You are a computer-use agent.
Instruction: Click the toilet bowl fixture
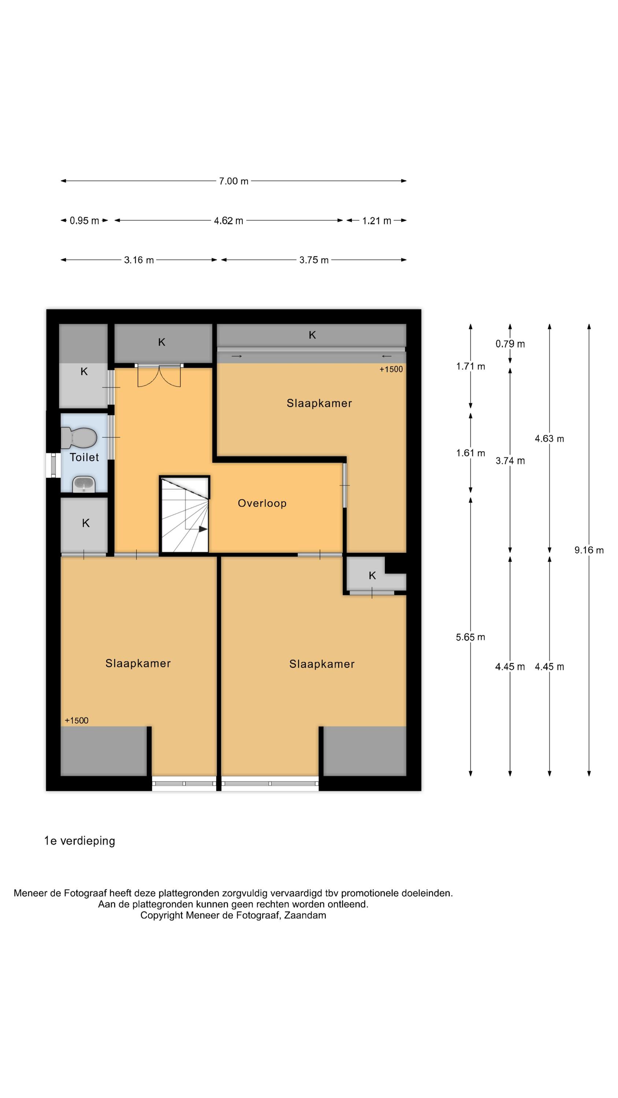click(x=79, y=438)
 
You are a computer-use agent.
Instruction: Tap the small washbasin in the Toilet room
click(x=83, y=484)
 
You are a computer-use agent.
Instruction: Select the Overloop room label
click(x=262, y=503)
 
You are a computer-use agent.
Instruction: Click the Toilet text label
click(x=84, y=457)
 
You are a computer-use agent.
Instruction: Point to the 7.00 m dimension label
click(x=234, y=181)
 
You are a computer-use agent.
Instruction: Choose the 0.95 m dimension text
click(x=85, y=221)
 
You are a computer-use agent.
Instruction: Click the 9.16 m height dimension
click(x=589, y=550)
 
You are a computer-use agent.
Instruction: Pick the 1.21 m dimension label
click(x=377, y=221)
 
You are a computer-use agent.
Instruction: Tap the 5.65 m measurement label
click(x=470, y=637)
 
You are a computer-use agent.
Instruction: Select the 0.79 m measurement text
click(x=510, y=344)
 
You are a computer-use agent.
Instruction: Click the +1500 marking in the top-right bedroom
click(x=391, y=369)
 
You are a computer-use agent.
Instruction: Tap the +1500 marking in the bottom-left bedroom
click(x=77, y=720)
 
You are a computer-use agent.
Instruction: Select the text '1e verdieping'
click(x=80, y=841)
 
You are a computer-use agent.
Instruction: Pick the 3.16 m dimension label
click(x=139, y=260)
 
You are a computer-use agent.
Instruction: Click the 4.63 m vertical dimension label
click(x=549, y=438)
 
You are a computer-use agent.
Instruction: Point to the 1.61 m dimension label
click(x=470, y=453)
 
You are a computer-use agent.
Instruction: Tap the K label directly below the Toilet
click(x=86, y=523)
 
